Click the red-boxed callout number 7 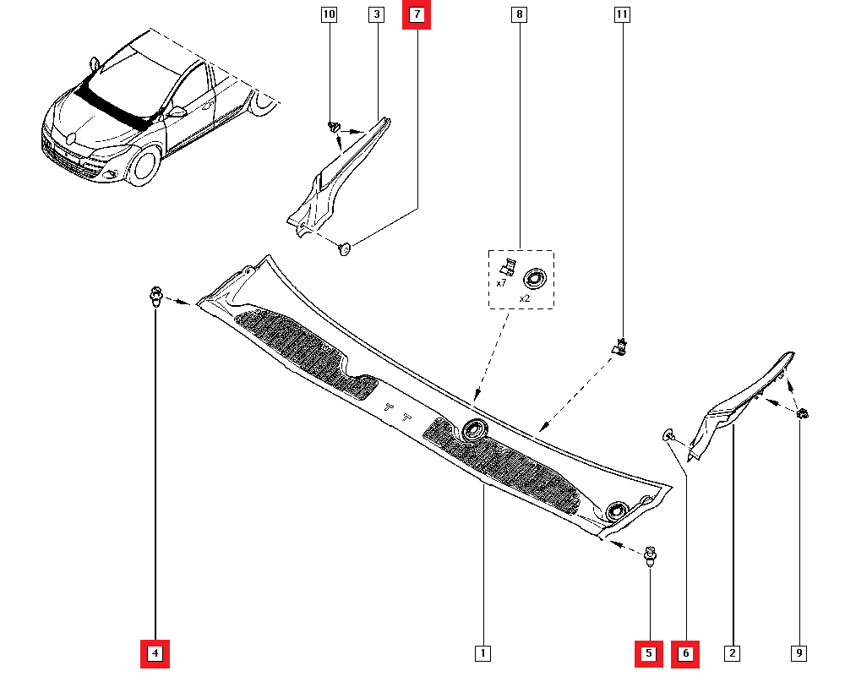coord(417,15)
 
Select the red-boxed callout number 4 coord(155,653)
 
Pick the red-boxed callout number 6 coord(685,653)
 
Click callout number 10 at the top coord(330,15)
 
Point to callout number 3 coord(376,15)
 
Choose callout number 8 coord(520,15)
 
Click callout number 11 coord(623,15)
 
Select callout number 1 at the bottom coord(482,653)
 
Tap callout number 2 coord(733,653)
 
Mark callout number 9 coord(799,653)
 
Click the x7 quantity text coord(501,283)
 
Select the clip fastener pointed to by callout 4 coord(155,296)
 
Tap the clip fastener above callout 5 coord(649,555)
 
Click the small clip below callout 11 coord(621,345)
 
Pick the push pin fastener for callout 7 coord(345,248)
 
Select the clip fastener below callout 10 coord(333,127)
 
